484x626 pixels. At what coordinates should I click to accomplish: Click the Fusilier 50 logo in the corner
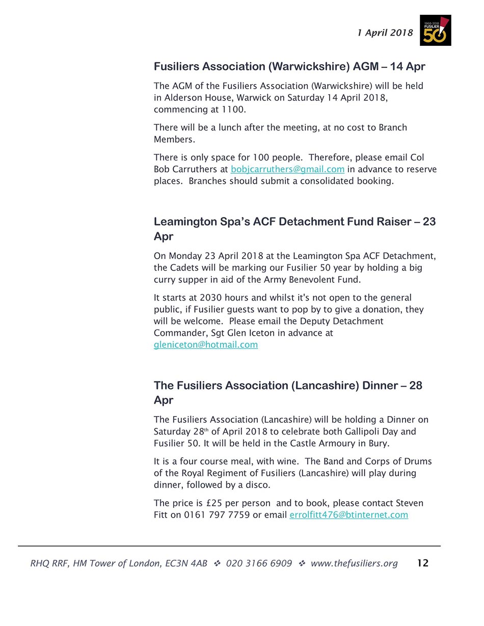435,30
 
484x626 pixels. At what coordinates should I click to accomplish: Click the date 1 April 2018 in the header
385,33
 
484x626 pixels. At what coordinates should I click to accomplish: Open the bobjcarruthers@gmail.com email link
287,169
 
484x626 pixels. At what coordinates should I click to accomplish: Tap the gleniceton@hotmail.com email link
206,345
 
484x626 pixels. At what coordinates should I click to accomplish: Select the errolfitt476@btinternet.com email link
348,515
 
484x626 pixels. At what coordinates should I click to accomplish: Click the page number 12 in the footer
422,563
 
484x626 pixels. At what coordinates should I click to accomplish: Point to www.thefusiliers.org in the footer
354,563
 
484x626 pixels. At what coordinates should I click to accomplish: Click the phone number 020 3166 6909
259,563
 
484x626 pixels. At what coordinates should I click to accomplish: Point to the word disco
257,485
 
